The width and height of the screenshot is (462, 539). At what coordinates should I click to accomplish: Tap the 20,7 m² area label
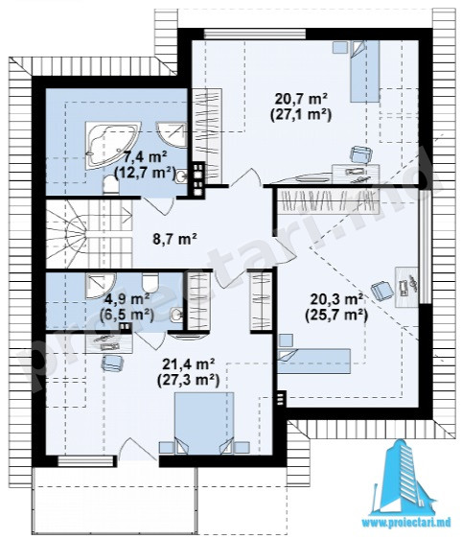click(x=301, y=100)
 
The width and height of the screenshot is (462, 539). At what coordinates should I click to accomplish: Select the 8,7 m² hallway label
click(x=174, y=238)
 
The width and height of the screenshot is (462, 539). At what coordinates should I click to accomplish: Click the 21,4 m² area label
click(x=189, y=364)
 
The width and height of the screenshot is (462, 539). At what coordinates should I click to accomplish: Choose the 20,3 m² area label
click(x=336, y=299)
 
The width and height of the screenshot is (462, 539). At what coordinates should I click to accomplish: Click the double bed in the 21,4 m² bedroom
click(x=204, y=423)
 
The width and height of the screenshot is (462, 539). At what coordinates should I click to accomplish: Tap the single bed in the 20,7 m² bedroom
click(x=364, y=71)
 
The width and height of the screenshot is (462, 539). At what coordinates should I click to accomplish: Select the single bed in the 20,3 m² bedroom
click(x=314, y=361)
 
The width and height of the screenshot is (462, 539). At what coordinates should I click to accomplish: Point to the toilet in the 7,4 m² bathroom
click(x=110, y=184)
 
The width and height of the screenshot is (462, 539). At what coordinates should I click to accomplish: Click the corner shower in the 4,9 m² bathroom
click(x=100, y=285)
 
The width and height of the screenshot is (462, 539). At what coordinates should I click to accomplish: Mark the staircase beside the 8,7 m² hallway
click(x=89, y=234)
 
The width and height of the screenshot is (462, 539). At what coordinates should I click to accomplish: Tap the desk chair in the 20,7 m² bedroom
click(x=361, y=154)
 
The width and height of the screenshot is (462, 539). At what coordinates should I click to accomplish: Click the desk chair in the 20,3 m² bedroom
click(x=382, y=291)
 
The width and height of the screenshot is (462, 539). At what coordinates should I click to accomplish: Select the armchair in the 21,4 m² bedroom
click(x=112, y=363)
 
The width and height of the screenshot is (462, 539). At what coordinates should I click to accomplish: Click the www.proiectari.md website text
click(x=406, y=524)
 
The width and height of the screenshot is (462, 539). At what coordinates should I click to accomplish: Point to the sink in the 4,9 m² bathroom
click(x=176, y=315)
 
